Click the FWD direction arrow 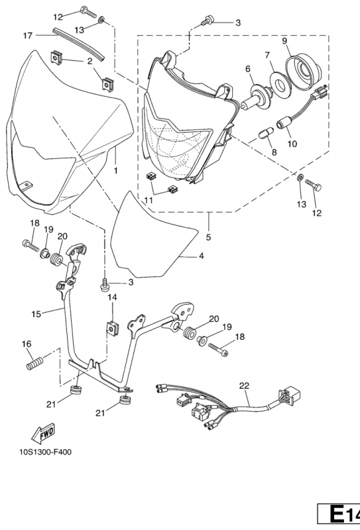click(43, 433)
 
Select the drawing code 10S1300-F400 click(46, 452)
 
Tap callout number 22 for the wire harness click(244, 386)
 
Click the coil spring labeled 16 click(35, 362)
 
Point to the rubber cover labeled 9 click(304, 72)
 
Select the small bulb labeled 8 click(267, 132)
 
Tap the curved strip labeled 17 click(78, 42)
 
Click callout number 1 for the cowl click(116, 171)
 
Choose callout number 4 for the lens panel click(202, 256)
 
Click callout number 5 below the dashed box click(208, 237)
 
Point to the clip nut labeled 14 click(111, 328)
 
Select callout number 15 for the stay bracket click(36, 314)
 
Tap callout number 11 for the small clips click(149, 201)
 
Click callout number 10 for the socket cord click(292, 144)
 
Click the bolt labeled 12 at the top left click(88, 13)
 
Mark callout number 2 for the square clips click(90, 61)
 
